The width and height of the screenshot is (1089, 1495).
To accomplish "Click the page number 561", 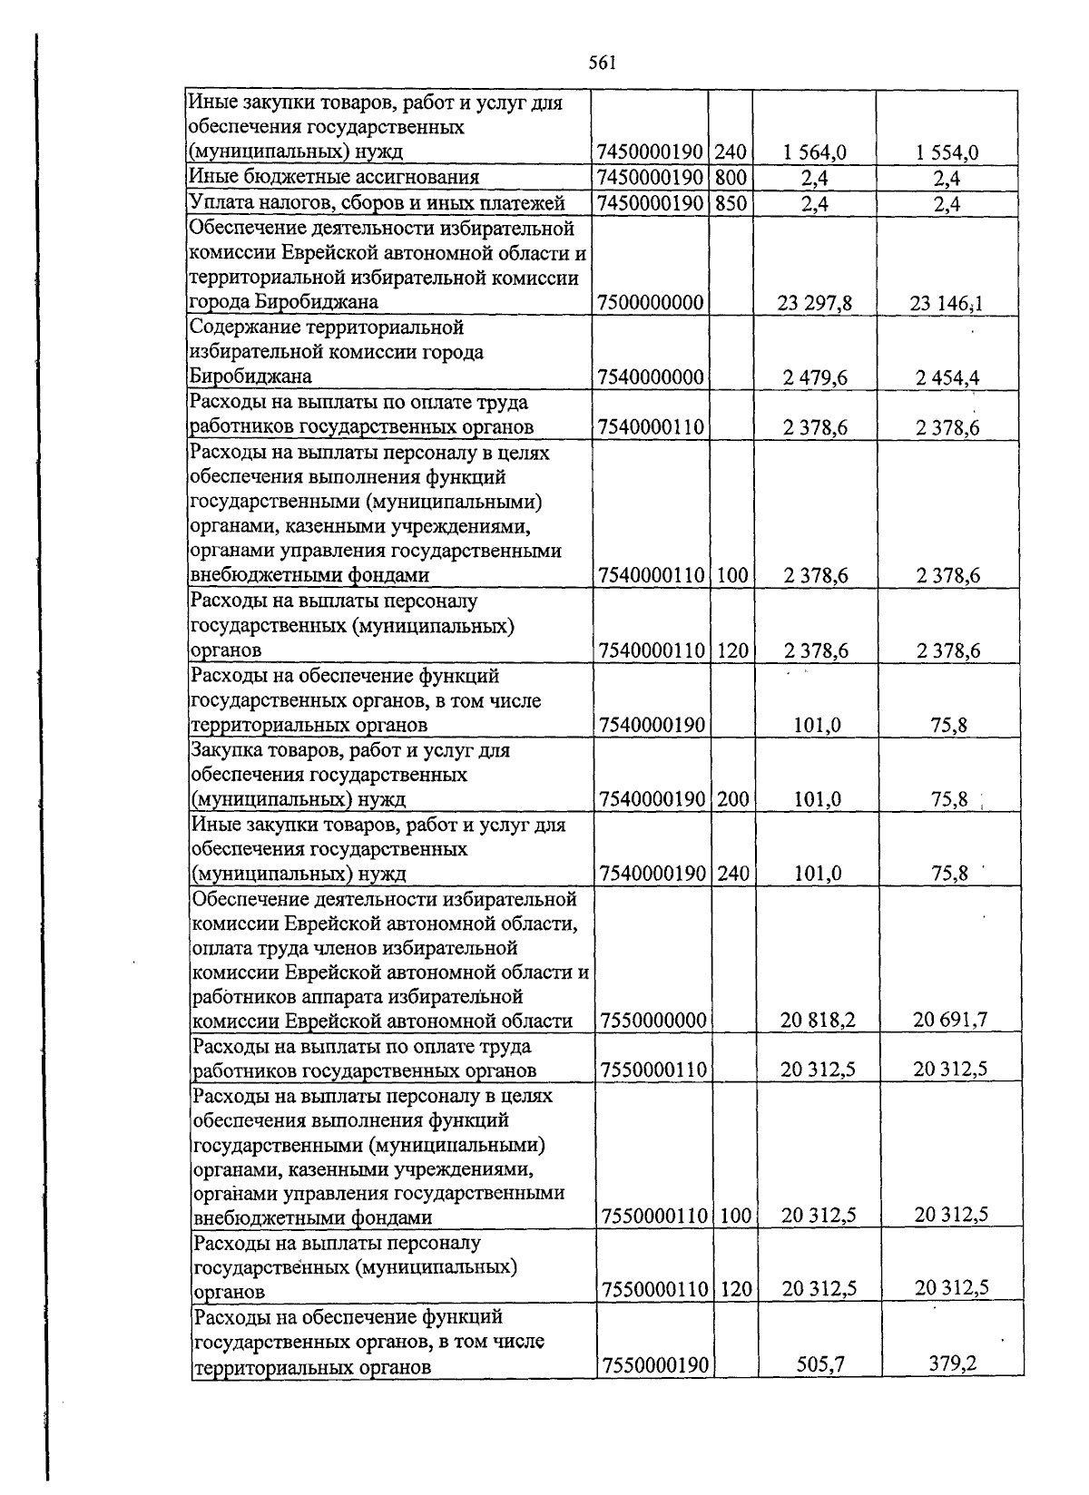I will pos(603,63).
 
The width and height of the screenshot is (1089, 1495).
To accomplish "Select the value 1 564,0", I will pos(814,152).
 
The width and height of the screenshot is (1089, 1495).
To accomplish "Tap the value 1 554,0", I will pos(947,152).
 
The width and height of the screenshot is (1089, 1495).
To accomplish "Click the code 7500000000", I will pos(652,303).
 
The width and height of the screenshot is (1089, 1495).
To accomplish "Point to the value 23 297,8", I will pos(814,303).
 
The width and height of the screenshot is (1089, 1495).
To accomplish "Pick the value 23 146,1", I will pos(947,303).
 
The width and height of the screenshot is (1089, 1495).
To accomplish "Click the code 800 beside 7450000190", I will pos(731,178).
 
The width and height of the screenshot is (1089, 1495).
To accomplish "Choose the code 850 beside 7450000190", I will pos(731,203).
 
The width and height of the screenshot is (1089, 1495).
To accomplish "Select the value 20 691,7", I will pos(950,1020).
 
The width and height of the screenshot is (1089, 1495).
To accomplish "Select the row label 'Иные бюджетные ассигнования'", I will pos(333,177).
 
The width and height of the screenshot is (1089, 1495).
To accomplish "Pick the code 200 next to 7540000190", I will pos(731,799).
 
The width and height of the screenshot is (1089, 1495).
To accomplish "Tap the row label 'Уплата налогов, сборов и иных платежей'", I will pos(377,202).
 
